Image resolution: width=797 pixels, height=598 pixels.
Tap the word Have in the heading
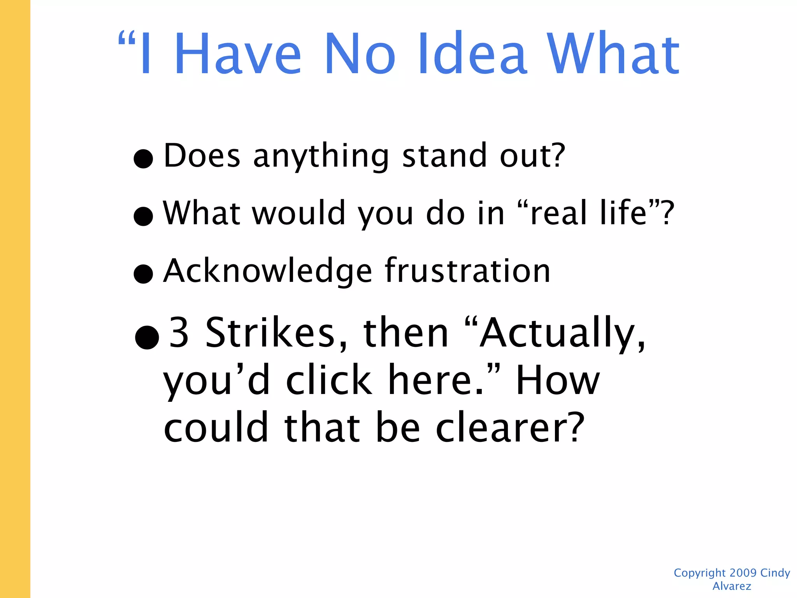click(237, 53)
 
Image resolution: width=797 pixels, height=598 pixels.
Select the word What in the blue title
click(613, 53)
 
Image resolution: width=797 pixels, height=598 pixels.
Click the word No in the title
click(360, 53)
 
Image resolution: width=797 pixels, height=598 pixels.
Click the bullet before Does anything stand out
click(143, 158)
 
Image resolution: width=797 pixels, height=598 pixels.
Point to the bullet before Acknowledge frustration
click(143, 274)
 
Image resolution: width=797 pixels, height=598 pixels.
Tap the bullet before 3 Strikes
click(147, 337)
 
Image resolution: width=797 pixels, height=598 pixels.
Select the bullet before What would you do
click(143, 216)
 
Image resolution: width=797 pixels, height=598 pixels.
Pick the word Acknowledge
click(268, 271)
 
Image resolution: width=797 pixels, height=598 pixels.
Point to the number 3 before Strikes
click(179, 333)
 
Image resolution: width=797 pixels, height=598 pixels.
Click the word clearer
click(510, 427)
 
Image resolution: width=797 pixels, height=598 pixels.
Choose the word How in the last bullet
click(557, 380)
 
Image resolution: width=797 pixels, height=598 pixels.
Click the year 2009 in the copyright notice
click(743, 573)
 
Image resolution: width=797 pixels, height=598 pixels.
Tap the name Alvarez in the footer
click(732, 586)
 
